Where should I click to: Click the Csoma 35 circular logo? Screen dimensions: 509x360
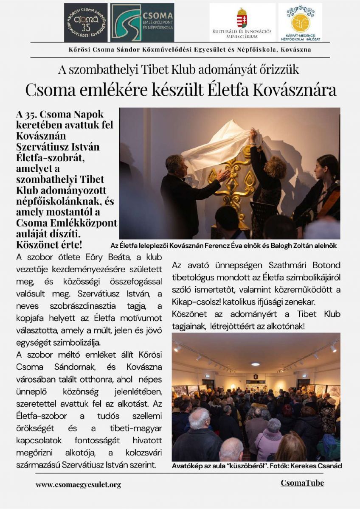click(85, 22)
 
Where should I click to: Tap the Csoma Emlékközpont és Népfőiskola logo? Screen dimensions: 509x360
click(142, 22)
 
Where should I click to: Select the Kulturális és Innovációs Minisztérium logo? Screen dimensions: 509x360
click(242, 22)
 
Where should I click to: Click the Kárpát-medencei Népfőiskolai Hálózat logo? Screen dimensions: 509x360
click(300, 22)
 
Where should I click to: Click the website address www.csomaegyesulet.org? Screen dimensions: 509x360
click(78, 484)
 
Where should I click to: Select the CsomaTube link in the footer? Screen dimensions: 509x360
click(302, 483)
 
